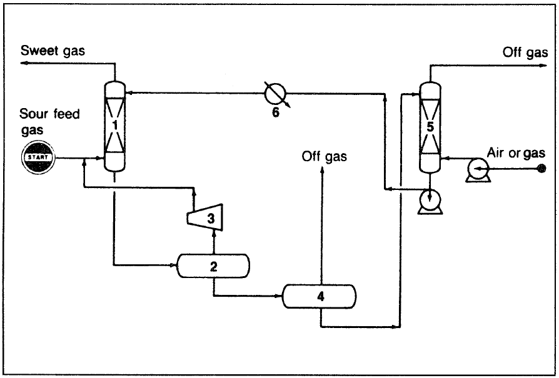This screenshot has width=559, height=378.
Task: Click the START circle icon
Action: point(38,157)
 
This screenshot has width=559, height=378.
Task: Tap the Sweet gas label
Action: point(53,51)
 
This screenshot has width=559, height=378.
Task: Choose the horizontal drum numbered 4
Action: point(320,296)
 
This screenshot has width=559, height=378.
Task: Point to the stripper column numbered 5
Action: point(430,127)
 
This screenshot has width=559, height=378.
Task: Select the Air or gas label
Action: point(516,152)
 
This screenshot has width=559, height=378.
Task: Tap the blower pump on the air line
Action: point(479,169)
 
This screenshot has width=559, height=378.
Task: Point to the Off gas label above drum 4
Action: point(324,157)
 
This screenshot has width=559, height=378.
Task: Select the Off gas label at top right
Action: point(525,52)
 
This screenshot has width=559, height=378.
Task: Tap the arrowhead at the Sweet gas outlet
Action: point(23,63)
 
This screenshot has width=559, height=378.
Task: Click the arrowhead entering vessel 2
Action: point(176,265)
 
